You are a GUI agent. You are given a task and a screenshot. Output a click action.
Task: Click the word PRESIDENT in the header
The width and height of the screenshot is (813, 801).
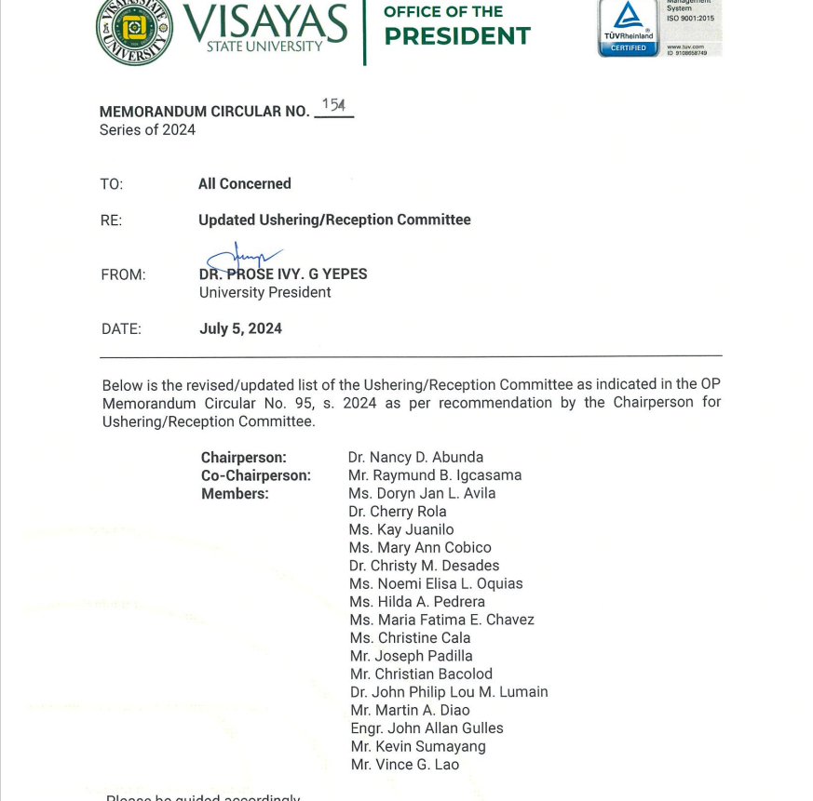(x=456, y=36)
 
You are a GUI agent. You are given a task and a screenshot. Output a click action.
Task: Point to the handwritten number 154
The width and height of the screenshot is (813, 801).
(x=334, y=105)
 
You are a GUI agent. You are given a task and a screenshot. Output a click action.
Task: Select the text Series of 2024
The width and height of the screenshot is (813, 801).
(x=147, y=130)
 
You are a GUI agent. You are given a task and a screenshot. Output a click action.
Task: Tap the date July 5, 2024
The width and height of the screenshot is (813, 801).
(x=240, y=328)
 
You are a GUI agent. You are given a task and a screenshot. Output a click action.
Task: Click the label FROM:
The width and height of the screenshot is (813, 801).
(x=123, y=274)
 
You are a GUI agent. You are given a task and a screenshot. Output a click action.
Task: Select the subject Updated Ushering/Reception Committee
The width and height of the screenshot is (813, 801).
(x=334, y=220)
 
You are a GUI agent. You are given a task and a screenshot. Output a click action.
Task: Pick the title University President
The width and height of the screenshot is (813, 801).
(x=264, y=292)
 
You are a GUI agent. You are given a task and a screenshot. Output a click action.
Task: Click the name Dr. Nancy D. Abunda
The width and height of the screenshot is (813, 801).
(x=415, y=457)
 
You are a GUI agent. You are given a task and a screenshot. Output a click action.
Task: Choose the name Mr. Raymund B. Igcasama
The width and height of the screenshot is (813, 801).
(x=434, y=475)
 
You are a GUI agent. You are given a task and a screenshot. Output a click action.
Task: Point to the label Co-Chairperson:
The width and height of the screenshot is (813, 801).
(x=256, y=475)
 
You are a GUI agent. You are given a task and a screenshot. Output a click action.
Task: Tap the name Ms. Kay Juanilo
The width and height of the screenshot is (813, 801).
(x=401, y=529)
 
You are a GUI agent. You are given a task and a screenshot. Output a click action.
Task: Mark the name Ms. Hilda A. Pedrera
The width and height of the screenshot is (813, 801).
(x=417, y=602)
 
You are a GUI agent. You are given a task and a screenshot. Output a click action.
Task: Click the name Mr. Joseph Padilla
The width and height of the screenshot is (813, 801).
(x=412, y=656)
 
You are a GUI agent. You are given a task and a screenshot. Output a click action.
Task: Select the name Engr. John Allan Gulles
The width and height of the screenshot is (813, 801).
(x=427, y=728)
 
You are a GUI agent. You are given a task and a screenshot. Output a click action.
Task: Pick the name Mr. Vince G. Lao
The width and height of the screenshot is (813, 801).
(x=404, y=765)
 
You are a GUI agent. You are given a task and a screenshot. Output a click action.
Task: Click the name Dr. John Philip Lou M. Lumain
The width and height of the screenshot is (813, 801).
(x=449, y=692)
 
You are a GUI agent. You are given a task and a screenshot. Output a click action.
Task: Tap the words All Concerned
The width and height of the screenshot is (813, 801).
(x=244, y=184)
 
